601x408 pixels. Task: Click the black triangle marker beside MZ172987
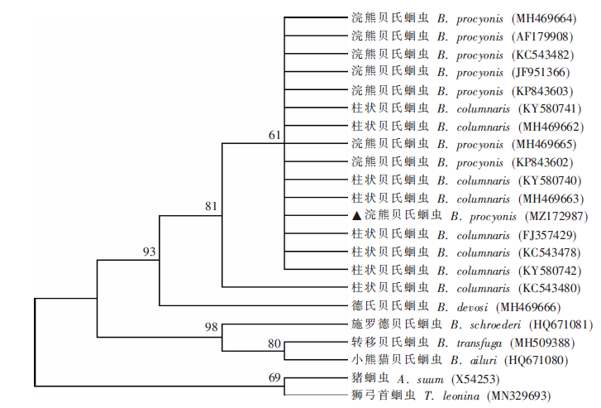tap(356, 216)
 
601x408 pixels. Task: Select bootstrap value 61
tap(274, 135)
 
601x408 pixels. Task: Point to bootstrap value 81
tap(211, 207)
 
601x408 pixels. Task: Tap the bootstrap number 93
tap(149, 252)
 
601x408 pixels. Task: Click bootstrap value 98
tap(211, 327)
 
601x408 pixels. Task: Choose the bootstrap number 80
tap(274, 343)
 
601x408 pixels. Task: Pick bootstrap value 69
tap(274, 377)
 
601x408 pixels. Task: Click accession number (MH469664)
tap(544, 18)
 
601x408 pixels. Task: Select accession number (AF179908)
tap(542, 37)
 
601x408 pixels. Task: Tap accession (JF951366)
tap(541, 73)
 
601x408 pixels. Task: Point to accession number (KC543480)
tap(549, 288)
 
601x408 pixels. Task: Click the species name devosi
tap(472, 307)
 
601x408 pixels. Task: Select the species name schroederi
tap(495, 325)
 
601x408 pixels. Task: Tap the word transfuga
tap(479, 343)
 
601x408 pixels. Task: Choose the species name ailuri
tap(484, 360)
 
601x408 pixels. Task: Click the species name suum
tap(430, 380)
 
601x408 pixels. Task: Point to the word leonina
tap(460, 396)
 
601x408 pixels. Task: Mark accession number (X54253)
tap(475, 380)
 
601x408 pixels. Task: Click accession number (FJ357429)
tap(547, 235)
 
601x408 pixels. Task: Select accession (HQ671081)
tap(560, 325)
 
